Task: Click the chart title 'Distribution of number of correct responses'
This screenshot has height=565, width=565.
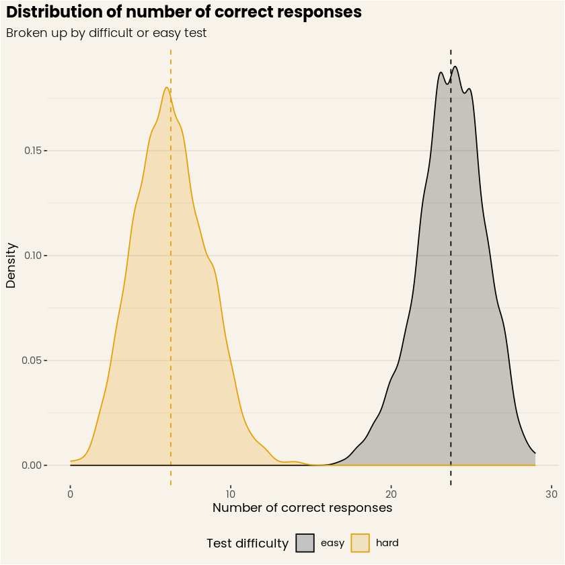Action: tap(184, 12)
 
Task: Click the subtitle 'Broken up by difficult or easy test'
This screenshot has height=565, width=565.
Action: tap(106, 33)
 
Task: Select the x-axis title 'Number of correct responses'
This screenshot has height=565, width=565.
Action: tap(302, 509)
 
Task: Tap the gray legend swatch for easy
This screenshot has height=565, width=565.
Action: tap(305, 543)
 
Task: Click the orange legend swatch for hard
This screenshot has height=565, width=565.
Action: tap(361, 543)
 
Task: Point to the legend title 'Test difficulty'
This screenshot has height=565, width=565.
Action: tap(247, 543)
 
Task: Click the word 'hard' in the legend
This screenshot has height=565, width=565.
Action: tap(387, 543)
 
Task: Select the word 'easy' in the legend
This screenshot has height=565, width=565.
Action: tap(332, 543)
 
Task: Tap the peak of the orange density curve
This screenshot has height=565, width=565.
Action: tap(166, 87)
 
